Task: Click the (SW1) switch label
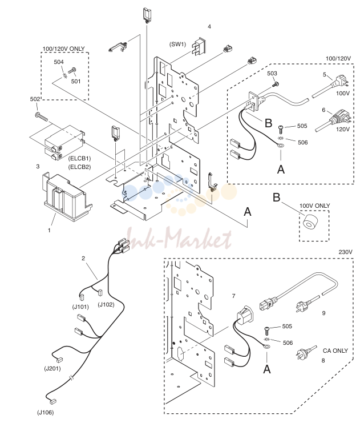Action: pos(177,44)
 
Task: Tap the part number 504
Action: pos(59,62)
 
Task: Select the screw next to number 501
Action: pos(72,71)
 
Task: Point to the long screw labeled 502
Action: pos(41,117)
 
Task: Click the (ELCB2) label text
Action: pos(79,167)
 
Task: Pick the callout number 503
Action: pos(272,74)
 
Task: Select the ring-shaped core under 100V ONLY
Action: pos(310,222)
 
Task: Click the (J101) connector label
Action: pos(80,307)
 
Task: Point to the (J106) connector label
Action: pos(45,412)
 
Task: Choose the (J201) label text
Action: pos(52,368)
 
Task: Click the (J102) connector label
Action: pos(106,305)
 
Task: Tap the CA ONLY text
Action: pos(335,351)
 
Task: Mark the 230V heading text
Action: pos(345,252)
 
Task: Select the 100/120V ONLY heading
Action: pos(64,49)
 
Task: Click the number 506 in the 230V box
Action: pos(288,343)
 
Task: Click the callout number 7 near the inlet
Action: pos(233,296)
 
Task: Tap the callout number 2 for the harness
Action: pos(83,259)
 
